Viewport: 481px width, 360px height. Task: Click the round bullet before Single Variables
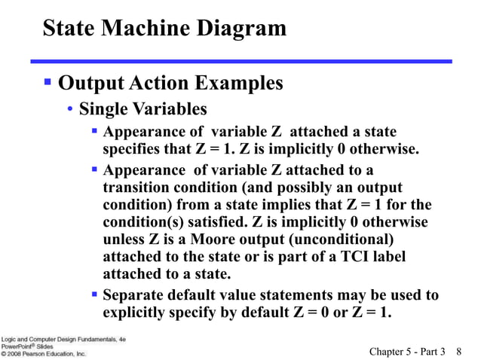pos(70,110)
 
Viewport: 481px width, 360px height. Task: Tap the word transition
pos(136,188)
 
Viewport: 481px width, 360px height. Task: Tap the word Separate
pos(132,294)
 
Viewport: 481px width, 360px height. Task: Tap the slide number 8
pos(459,351)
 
